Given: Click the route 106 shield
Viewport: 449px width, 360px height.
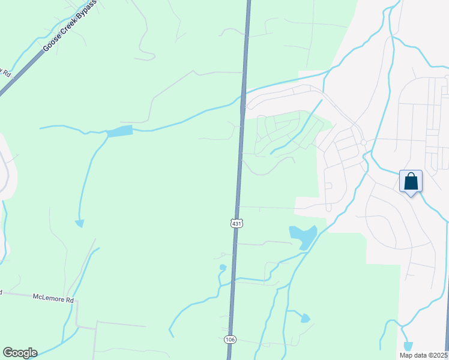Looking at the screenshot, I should (x=230, y=340).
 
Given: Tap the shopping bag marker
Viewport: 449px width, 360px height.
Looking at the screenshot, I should (x=411, y=181).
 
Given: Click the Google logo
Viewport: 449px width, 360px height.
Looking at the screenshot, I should (x=20, y=353).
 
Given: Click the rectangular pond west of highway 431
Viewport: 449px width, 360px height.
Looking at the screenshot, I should (x=119, y=131).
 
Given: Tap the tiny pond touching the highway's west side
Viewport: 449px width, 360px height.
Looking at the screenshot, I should (x=223, y=267).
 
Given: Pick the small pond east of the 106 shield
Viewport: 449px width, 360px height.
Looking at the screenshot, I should (x=305, y=318).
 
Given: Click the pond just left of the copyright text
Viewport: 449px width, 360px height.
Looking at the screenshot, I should (x=408, y=346).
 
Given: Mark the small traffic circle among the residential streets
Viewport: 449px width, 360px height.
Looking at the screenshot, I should (x=363, y=142).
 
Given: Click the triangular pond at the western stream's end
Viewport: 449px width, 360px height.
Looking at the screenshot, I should (x=79, y=223).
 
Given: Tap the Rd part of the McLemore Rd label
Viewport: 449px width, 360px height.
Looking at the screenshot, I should (x=69, y=299).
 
